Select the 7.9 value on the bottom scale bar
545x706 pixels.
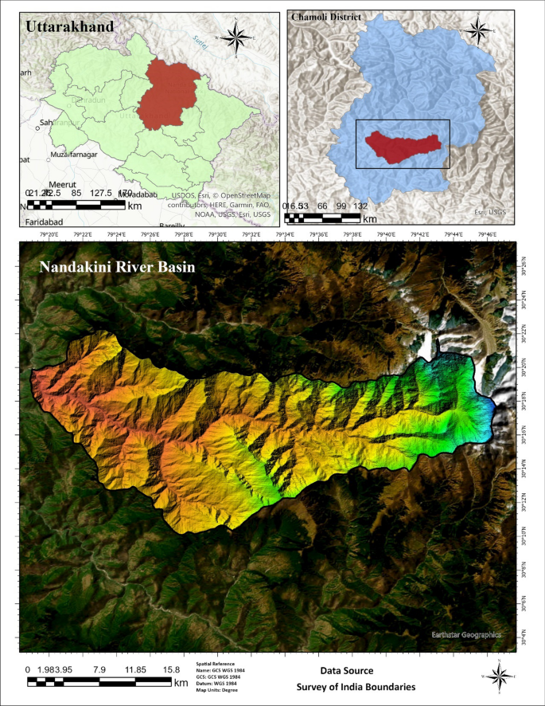[x=99, y=669]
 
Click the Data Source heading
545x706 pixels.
[x=347, y=671]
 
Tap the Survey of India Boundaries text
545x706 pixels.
[x=356, y=686]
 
